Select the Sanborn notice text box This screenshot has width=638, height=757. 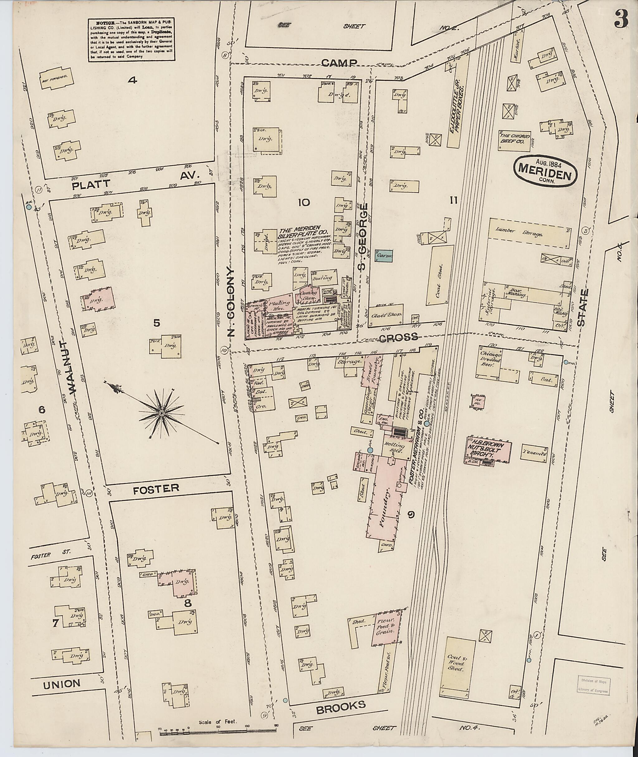[x=132, y=40]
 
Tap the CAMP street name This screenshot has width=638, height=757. [x=339, y=64]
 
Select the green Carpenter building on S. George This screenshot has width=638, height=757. [x=384, y=256]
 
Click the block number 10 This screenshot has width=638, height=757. [x=303, y=203]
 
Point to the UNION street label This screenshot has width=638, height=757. [x=61, y=683]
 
